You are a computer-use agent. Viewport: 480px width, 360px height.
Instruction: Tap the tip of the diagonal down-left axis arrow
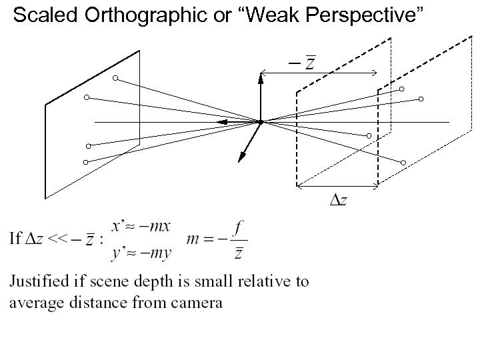click(240, 161)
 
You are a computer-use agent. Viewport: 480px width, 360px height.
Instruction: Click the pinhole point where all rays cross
click(261, 122)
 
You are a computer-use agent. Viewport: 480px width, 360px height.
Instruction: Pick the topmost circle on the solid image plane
click(115, 79)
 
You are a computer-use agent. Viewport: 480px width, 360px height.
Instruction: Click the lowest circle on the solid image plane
click(85, 163)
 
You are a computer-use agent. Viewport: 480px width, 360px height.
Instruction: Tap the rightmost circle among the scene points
click(421, 99)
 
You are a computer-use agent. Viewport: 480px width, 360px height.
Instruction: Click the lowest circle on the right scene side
click(404, 163)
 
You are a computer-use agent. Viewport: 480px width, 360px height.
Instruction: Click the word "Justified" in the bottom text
click(40, 281)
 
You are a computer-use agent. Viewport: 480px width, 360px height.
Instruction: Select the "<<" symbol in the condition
click(57, 239)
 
